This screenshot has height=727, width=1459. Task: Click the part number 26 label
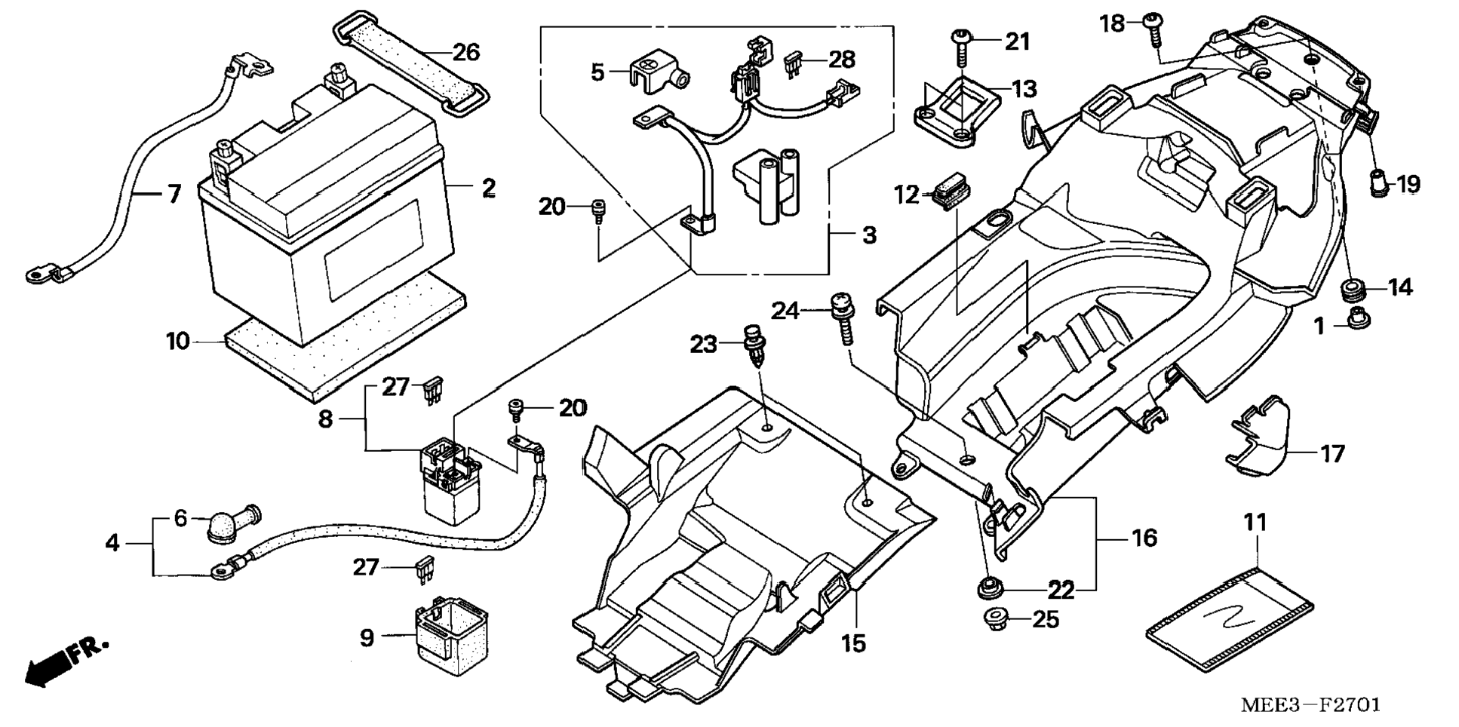point(466,52)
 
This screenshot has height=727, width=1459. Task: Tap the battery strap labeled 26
point(411,61)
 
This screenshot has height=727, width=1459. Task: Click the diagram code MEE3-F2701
point(1310,704)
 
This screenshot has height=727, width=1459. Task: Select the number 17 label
point(1332,454)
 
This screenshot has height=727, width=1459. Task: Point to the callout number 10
point(178,342)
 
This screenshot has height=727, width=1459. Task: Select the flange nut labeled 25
point(997,620)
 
